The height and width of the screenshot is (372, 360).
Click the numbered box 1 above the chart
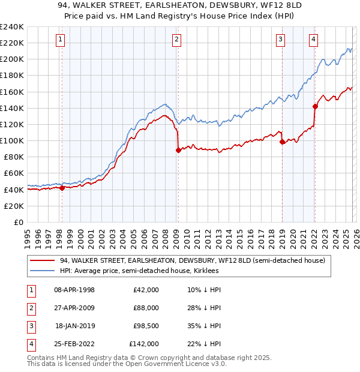click(x=61, y=40)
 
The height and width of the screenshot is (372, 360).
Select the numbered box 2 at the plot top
click(x=178, y=40)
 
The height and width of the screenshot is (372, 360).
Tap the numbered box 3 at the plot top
click(x=280, y=40)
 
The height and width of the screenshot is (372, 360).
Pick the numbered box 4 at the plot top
click(x=313, y=40)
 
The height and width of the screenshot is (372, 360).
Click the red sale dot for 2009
click(x=178, y=151)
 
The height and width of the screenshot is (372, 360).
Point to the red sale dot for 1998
click(x=62, y=188)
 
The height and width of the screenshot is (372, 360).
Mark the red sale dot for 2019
click(x=282, y=142)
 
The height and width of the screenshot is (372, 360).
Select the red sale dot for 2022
click(x=315, y=107)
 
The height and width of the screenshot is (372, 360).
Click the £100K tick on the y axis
click(x=12, y=140)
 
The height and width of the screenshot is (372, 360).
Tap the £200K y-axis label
click(x=12, y=59)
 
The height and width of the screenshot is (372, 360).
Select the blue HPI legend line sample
click(x=42, y=271)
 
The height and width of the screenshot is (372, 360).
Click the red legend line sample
click(x=42, y=260)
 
